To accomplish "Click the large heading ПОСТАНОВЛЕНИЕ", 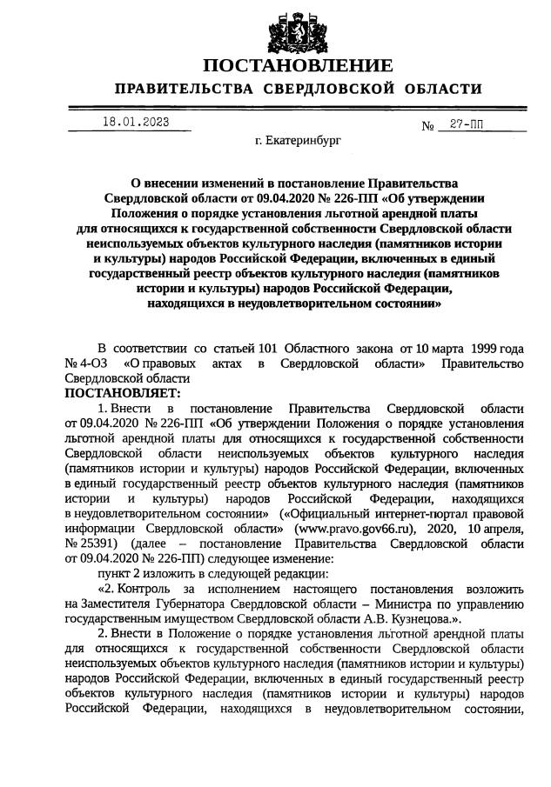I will click(x=298, y=67).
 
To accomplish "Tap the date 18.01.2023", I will click(x=131, y=122).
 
